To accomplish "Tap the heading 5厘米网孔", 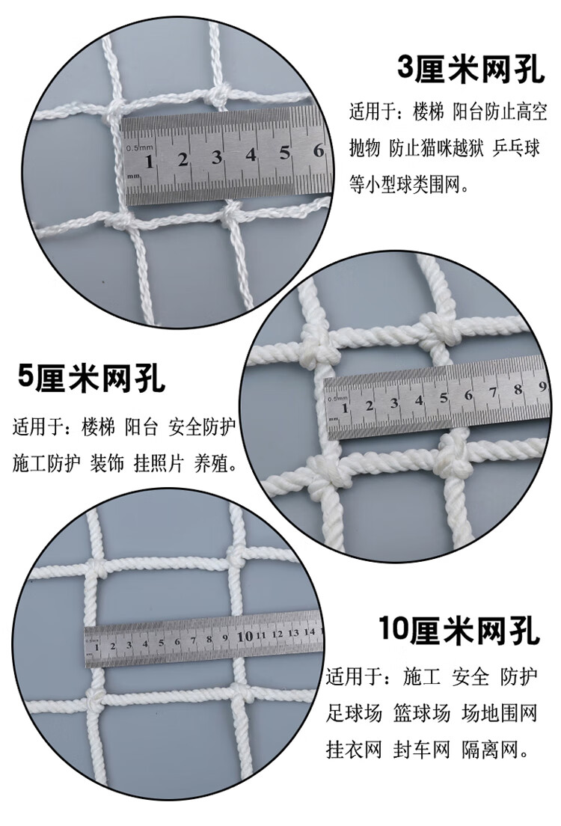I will click(91, 380).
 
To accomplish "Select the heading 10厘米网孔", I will click(459, 631).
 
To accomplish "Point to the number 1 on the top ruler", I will click(150, 161).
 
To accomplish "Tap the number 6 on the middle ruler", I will click(468, 395).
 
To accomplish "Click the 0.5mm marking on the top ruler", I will click(140, 147).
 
